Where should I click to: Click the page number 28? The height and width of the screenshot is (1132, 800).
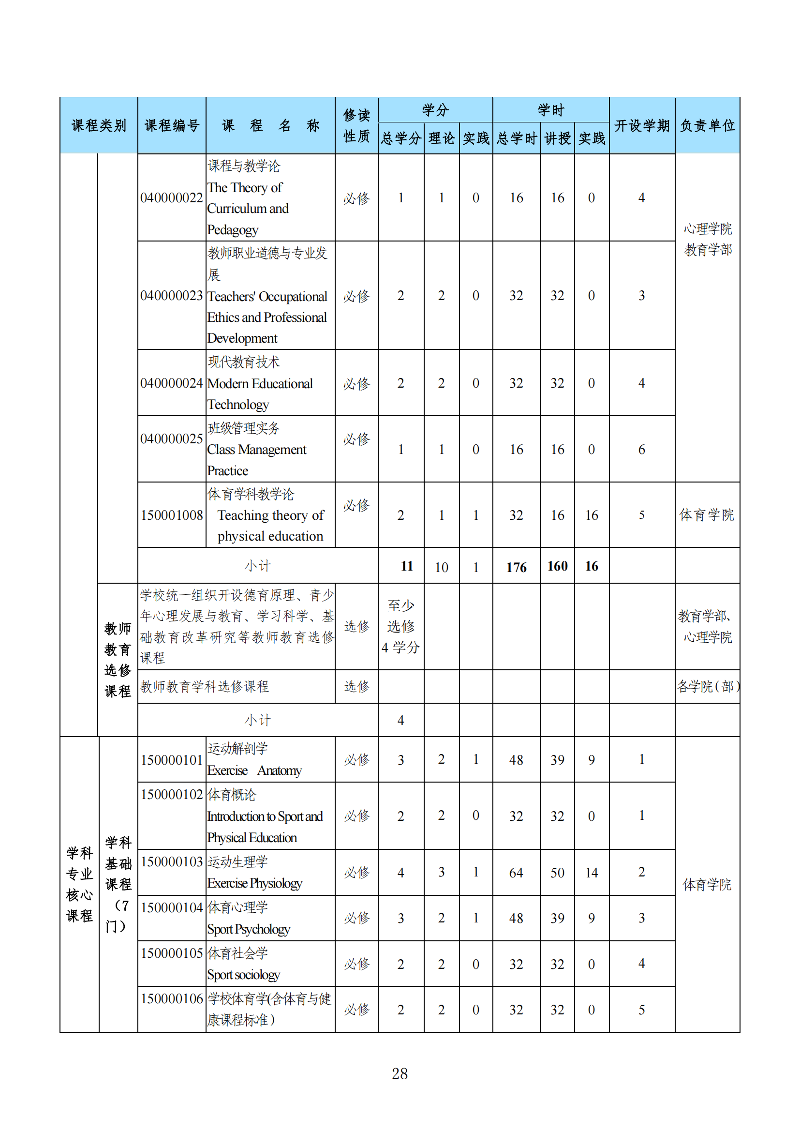pyautogui.click(x=400, y=1073)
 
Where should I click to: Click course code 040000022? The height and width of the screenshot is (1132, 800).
pyautogui.click(x=171, y=198)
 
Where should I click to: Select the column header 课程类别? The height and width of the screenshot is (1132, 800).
pyautogui.click(x=99, y=125)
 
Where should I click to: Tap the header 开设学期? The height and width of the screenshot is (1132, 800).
pyautogui.click(x=641, y=125)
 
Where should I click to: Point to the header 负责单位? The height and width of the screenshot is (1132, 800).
pyautogui.click(x=707, y=125)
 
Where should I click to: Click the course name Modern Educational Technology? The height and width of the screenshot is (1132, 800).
pyautogui.click(x=260, y=393)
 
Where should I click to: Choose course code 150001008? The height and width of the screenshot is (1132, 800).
pyautogui.click(x=171, y=515)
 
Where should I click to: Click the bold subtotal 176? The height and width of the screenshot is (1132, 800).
pyautogui.click(x=516, y=567)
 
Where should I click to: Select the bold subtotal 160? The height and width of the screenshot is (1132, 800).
pyautogui.click(x=557, y=566)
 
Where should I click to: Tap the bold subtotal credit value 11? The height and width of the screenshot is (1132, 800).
pyautogui.click(x=406, y=566)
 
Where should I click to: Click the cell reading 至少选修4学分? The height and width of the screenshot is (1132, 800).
pyautogui.click(x=400, y=626)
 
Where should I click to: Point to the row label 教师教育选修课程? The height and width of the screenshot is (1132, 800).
pyautogui.click(x=118, y=659)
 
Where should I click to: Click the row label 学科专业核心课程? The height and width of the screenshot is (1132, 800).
pyautogui.click(x=79, y=884)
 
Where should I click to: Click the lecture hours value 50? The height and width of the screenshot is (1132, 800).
pyautogui.click(x=557, y=873)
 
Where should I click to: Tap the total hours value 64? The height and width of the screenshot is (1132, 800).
pyautogui.click(x=516, y=873)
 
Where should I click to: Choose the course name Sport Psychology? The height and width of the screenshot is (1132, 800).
pyautogui.click(x=248, y=929)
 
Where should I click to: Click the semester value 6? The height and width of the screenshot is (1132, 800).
pyautogui.click(x=641, y=449)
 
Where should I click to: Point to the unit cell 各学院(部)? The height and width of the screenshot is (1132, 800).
pyautogui.click(x=708, y=686)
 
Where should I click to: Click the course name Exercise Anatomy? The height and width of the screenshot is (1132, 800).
pyautogui.click(x=254, y=770)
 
